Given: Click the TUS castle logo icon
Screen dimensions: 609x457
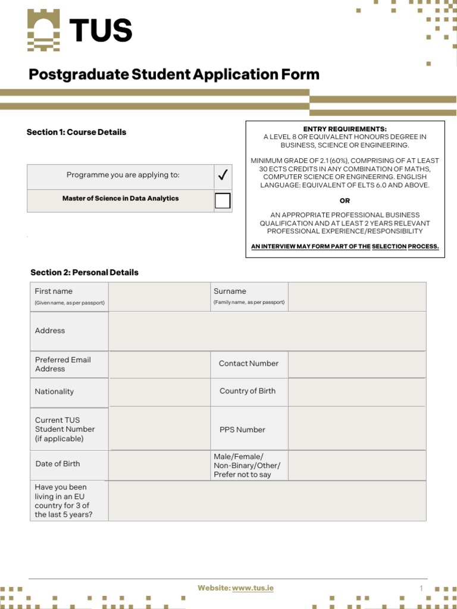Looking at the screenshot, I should (x=43, y=31).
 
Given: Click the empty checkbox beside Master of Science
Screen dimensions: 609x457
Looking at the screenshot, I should (x=223, y=201).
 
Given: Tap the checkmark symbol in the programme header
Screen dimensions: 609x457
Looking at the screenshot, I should (x=223, y=175).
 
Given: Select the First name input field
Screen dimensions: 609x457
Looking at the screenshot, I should (x=159, y=297).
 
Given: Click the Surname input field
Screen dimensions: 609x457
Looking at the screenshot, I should (x=357, y=297).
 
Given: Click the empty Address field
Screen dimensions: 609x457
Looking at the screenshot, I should (x=267, y=331).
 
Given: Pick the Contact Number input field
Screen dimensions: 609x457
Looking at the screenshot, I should (x=357, y=364).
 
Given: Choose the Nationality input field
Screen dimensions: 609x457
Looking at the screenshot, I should (x=159, y=392).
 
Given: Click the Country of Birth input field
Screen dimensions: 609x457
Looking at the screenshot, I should (x=357, y=392).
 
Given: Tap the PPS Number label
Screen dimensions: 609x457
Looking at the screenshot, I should (x=242, y=429).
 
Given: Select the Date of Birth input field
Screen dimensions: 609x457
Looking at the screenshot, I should (x=159, y=465).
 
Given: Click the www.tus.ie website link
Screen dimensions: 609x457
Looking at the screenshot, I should (x=253, y=588).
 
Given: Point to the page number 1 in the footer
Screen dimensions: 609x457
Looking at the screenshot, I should (x=421, y=588).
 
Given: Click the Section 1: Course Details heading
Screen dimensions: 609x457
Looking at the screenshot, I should (x=77, y=132).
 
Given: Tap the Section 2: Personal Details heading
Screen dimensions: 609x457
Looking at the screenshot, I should (x=84, y=272).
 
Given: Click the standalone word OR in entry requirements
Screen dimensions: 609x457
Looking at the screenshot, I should (x=345, y=200).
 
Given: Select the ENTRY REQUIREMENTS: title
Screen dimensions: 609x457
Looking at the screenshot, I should (x=345, y=129).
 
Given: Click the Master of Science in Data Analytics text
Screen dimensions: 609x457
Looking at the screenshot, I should (x=120, y=199).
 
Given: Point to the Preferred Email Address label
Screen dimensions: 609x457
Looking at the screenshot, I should (x=63, y=364).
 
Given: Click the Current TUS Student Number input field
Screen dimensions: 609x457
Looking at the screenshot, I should (x=159, y=429).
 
